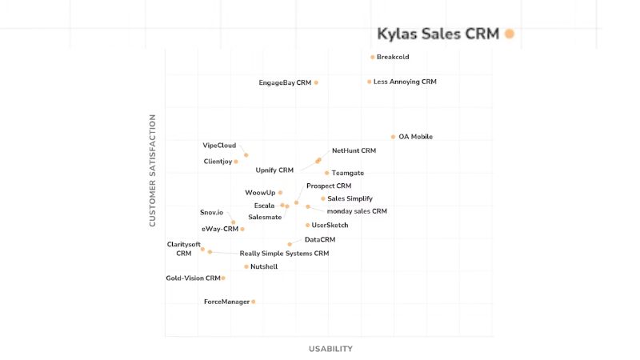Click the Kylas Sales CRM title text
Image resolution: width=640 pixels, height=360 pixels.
click(x=438, y=34)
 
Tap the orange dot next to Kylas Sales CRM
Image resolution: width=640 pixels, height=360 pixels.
click(x=510, y=34)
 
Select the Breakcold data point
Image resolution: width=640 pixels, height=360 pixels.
click(x=373, y=58)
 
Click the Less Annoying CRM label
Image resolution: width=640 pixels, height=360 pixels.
click(x=405, y=82)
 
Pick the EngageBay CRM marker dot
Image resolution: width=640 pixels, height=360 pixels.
click(x=316, y=82)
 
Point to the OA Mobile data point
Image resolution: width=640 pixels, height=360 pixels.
click(x=393, y=137)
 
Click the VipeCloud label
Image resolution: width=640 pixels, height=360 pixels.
click(x=219, y=146)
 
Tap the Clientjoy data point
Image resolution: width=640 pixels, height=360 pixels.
click(x=236, y=162)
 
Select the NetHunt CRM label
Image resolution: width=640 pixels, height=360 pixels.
click(x=354, y=150)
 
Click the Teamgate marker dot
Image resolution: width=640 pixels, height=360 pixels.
click(x=327, y=173)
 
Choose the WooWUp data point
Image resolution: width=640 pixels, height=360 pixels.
click(x=280, y=193)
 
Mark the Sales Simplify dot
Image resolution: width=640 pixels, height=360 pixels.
click(x=323, y=198)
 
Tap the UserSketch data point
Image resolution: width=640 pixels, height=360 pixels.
click(x=308, y=226)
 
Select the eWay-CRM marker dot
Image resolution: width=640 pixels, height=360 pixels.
click(x=242, y=230)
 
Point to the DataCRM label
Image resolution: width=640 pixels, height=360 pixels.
click(x=320, y=239)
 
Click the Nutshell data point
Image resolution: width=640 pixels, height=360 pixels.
click(x=246, y=266)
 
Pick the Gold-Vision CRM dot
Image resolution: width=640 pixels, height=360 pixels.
click(x=223, y=278)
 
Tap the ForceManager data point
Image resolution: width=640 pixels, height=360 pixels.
click(x=254, y=302)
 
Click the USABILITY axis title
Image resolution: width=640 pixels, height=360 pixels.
click(x=330, y=349)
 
